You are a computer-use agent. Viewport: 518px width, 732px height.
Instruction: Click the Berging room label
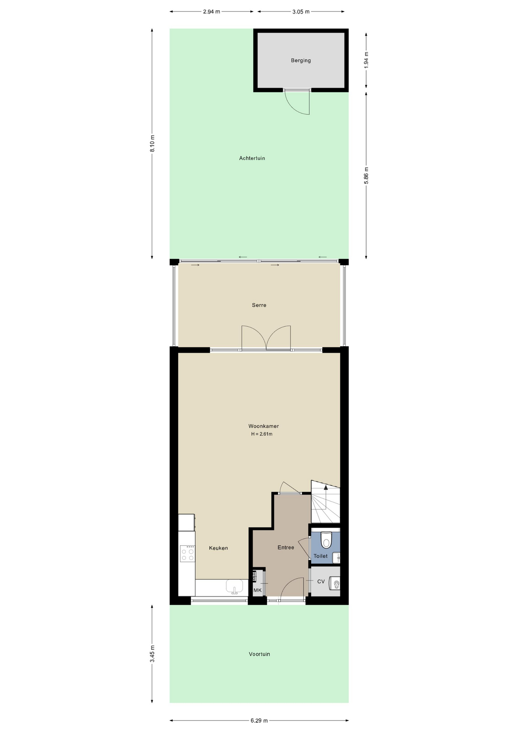[x=301, y=60]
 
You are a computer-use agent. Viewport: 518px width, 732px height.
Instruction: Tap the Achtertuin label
[x=252, y=158]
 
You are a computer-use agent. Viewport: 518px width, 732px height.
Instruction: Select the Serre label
[x=259, y=305]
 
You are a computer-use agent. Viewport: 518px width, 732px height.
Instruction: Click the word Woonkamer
[x=264, y=426]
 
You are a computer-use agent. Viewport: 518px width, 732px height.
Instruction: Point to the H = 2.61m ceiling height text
[x=262, y=434]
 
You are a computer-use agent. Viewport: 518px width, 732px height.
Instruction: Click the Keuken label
[x=219, y=548]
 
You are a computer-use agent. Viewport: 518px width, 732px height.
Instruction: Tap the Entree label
[x=286, y=547]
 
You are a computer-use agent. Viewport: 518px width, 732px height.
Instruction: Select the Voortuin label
[x=259, y=654]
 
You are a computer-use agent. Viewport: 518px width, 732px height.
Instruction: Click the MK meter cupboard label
[x=257, y=591]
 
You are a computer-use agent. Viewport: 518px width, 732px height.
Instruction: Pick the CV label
[x=321, y=581]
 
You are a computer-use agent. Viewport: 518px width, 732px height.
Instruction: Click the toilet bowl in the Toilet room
[x=326, y=540]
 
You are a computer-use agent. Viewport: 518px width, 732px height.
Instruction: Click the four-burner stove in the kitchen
[x=187, y=554]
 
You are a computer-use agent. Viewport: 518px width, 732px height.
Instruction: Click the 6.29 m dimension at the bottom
[x=259, y=721]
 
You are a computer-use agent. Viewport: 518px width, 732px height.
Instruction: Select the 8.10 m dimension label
[x=152, y=143]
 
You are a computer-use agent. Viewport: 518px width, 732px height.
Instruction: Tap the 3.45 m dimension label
[x=152, y=653]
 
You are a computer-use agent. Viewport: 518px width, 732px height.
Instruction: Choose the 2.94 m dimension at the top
[x=211, y=11]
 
